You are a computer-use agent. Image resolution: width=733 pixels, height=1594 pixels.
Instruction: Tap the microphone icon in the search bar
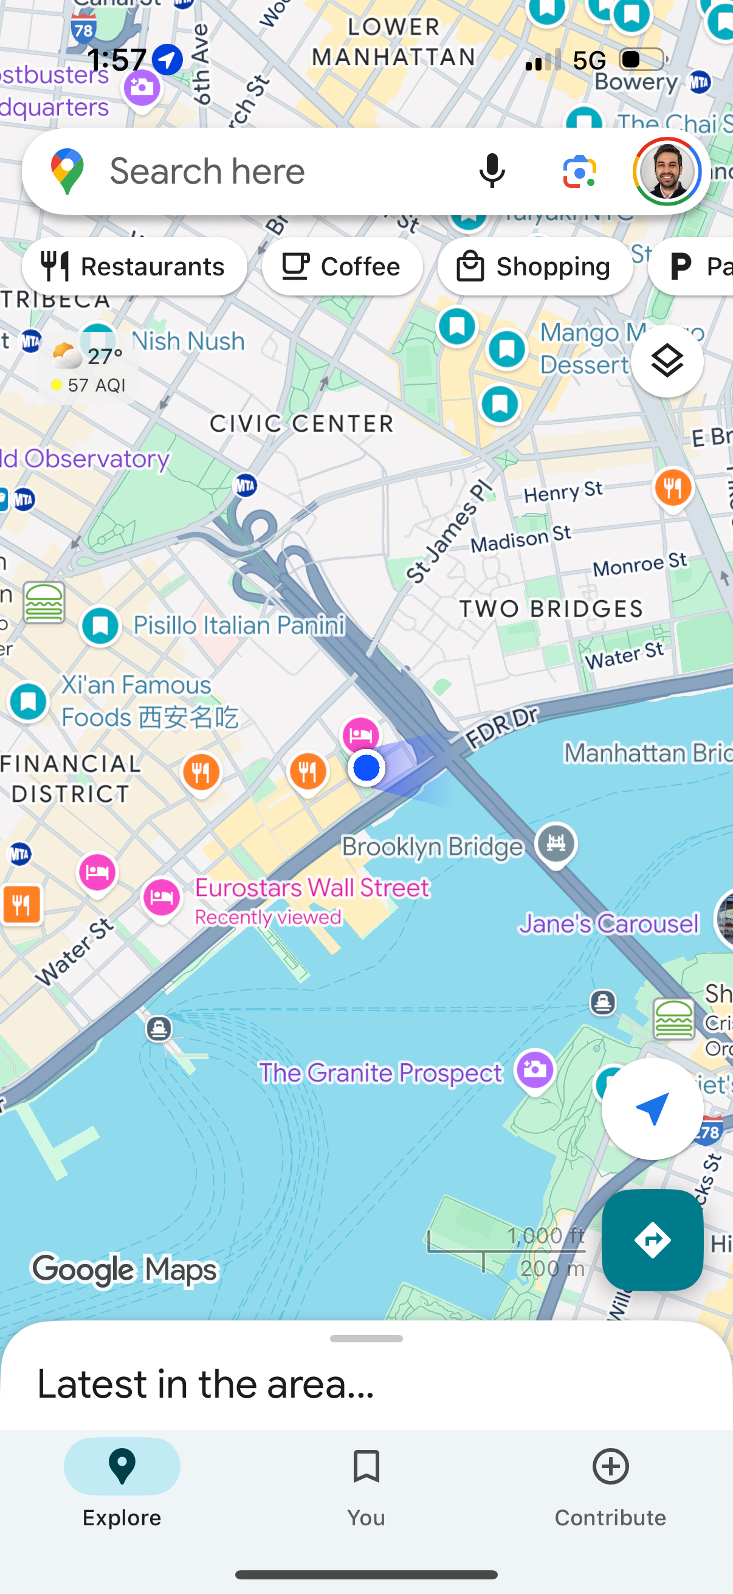pos(492,171)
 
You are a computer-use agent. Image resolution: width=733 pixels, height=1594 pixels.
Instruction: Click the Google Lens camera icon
pos(579,171)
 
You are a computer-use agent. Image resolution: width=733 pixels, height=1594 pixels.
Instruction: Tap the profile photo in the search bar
pos(667,171)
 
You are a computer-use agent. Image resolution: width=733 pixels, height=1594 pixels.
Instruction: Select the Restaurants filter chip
pos(134,267)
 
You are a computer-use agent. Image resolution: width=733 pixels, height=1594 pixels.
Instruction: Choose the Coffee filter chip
pos(342,267)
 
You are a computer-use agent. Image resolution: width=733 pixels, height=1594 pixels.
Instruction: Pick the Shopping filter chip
pos(535,267)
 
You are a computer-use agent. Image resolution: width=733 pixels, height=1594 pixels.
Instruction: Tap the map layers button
pos(667,361)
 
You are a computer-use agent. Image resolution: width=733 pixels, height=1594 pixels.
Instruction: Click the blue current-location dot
pos(366,768)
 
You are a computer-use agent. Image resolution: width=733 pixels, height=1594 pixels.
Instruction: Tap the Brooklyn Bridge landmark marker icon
pos(556,843)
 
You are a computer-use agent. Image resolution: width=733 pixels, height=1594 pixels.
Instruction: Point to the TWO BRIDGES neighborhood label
pos(551,609)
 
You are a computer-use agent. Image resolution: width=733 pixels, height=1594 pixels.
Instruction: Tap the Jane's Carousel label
pos(608,924)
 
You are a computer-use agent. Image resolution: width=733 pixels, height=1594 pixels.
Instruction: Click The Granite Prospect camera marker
pos(535,1069)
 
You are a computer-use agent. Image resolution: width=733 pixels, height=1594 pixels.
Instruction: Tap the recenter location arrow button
pos(652,1108)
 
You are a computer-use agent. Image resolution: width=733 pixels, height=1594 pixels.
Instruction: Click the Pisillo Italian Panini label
pos(239,625)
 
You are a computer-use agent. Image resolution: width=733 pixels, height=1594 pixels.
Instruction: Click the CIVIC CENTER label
pos(301,424)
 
